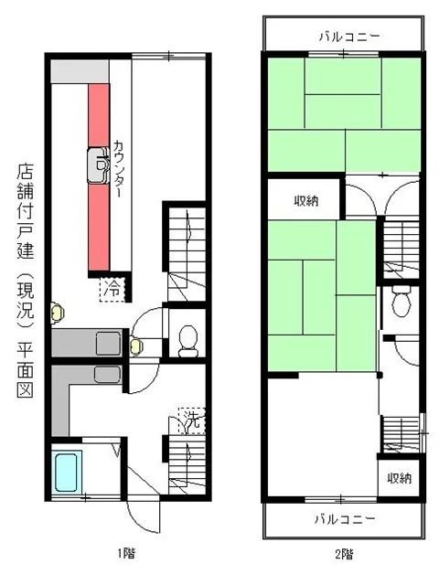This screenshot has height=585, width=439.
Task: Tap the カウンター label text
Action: [x=120, y=173]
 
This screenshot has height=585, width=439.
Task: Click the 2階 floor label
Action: [x=345, y=554]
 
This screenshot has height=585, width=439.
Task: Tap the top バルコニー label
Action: [x=346, y=37]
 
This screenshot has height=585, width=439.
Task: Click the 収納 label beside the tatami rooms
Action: [x=305, y=201]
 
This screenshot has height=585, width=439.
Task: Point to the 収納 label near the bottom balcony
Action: [x=398, y=477]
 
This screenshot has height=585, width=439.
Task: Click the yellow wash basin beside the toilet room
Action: [x=137, y=345]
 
